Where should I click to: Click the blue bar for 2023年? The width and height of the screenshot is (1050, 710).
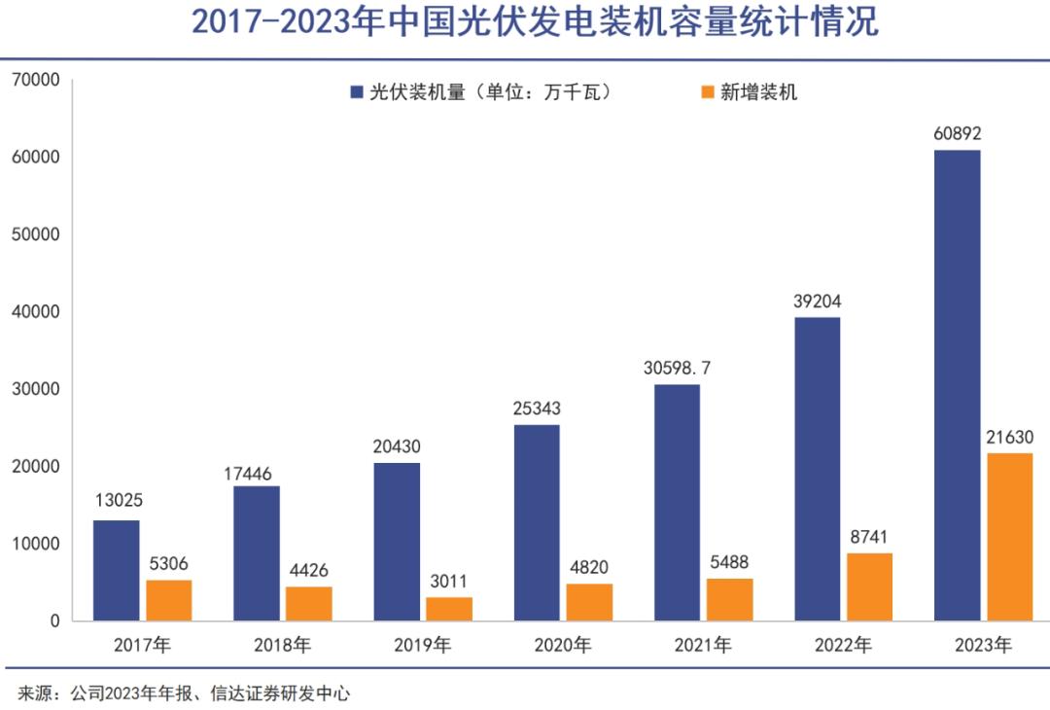coord(957,385)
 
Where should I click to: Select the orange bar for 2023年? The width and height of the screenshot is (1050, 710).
coord(1009,537)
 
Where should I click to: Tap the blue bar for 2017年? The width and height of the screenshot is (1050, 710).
coord(117,570)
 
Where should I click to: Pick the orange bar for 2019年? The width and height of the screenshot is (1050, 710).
coord(449,609)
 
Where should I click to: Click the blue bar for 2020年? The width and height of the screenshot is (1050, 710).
coord(537,522)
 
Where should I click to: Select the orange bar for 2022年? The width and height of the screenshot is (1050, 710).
coord(869,586)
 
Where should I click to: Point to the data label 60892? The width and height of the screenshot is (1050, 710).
coord(957,135)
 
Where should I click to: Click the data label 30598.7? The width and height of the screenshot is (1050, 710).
coord(677,368)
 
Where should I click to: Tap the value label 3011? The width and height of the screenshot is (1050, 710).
coord(449,582)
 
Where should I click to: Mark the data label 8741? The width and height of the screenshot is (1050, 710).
coord(869,537)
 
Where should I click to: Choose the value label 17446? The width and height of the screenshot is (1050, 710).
coord(257,471)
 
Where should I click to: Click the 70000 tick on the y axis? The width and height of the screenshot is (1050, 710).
coord(37,80)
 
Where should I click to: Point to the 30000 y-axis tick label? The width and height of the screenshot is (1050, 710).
coord(37,389)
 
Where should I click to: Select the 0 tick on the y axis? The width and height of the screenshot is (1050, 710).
coord(54,621)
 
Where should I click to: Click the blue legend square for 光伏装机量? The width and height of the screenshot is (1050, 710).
coord(357,93)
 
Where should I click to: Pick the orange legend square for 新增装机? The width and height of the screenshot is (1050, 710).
coord(707,93)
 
